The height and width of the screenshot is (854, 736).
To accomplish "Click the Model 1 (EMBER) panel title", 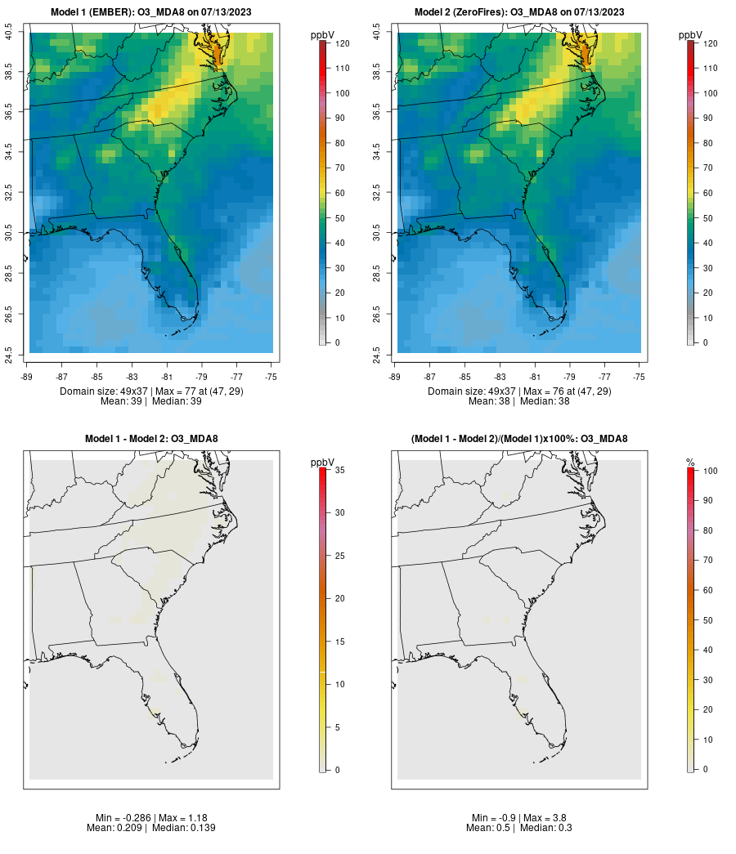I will coord(151,12).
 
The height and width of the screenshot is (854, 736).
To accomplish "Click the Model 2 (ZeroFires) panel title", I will coord(519,12).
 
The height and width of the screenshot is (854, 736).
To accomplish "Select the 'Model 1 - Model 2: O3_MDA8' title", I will coord(151,439).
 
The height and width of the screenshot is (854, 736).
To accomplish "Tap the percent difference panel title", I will coord(519,439).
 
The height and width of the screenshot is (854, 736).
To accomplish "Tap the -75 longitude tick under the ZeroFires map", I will coord(640,377).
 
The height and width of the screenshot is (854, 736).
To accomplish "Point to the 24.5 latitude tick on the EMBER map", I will coord(8,355).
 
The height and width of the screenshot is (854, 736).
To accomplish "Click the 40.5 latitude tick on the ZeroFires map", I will coord(376,33).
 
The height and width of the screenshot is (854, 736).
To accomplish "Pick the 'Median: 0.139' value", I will coord(177,828).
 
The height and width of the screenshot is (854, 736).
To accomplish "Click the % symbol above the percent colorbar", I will coord(690,463).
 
